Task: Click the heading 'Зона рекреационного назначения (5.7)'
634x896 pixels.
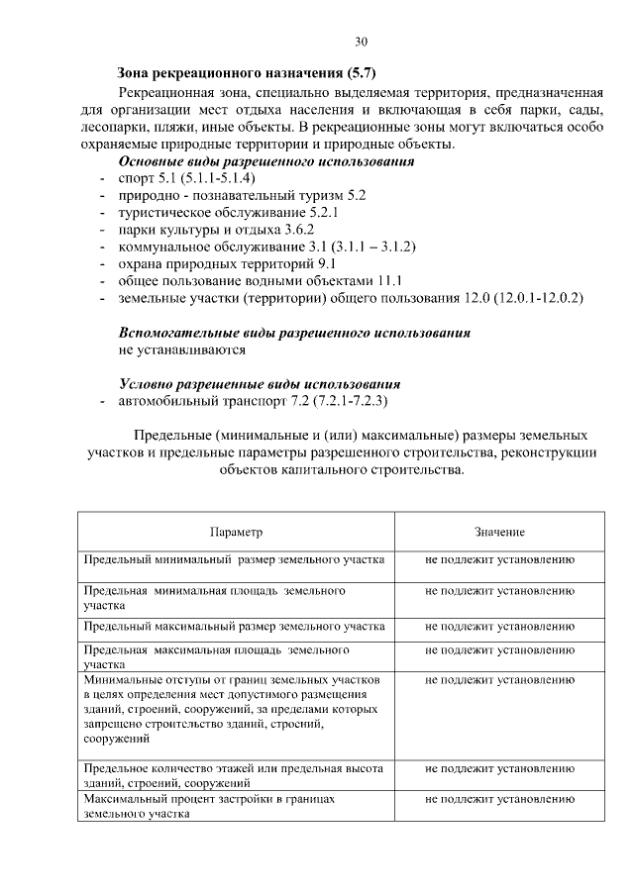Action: click(247, 72)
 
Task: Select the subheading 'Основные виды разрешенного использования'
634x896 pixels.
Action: click(265, 161)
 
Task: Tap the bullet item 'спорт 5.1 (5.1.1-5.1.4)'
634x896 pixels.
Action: click(187, 178)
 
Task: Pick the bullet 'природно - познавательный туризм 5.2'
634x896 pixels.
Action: click(243, 196)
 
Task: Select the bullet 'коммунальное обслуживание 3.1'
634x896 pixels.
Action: click(266, 247)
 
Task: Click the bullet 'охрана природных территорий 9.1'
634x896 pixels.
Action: click(228, 263)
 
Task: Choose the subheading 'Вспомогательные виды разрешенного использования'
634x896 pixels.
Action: click(294, 333)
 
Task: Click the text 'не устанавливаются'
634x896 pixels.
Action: click(182, 349)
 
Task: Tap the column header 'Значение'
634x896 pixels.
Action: click(499, 532)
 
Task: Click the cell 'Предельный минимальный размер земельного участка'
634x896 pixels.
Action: click(234, 559)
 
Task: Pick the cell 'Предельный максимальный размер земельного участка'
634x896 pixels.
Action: click(234, 626)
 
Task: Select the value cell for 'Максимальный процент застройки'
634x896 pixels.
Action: click(499, 796)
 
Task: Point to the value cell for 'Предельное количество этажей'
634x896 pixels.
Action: click(499, 767)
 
